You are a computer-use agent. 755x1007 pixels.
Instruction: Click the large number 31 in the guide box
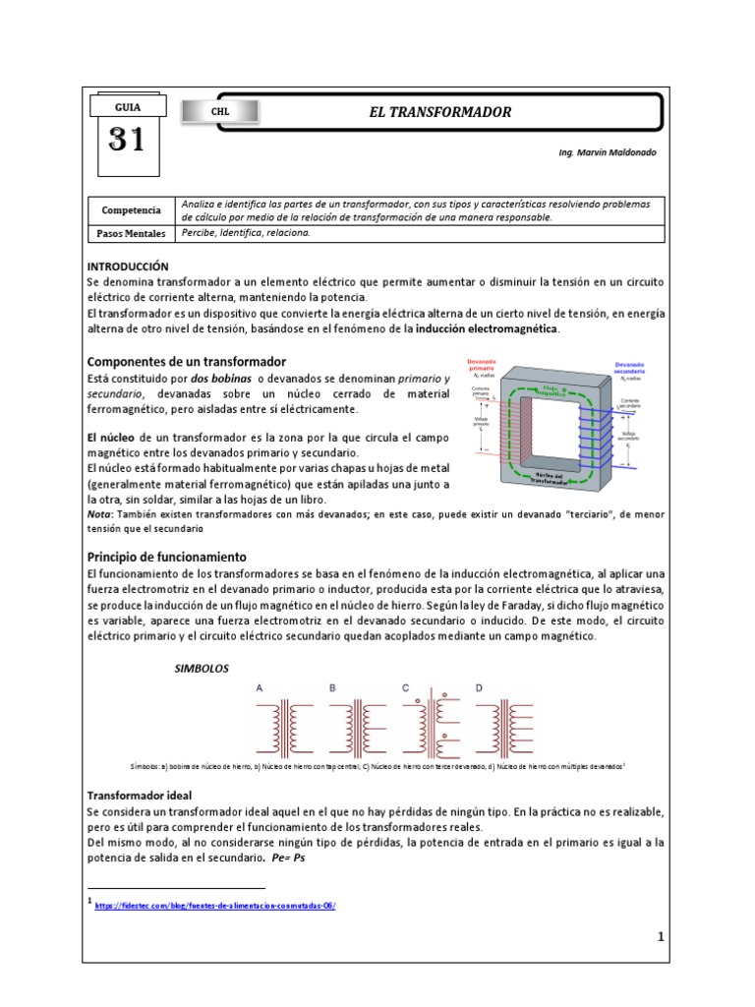127,142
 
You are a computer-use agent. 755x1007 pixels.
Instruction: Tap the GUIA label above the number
127,107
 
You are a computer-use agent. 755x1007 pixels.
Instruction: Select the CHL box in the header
220,112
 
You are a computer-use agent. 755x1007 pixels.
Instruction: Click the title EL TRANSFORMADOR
439,112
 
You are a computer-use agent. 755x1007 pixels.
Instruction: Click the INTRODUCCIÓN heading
128,267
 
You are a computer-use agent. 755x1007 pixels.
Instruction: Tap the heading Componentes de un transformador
187,362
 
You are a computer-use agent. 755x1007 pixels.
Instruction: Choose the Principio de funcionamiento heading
167,557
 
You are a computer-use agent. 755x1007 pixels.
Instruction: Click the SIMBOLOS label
201,669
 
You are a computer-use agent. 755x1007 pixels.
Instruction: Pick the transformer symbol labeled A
285,725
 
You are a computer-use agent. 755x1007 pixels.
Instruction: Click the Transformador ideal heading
140,795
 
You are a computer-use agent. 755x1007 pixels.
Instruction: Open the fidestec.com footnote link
215,906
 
